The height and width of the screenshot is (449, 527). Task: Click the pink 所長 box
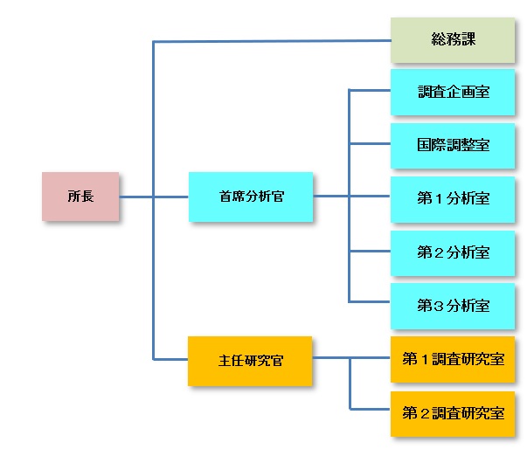(80, 197)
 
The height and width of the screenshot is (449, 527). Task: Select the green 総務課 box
(452, 40)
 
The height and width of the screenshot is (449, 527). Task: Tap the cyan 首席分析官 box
(251, 197)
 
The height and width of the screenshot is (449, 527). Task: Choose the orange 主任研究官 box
(250, 359)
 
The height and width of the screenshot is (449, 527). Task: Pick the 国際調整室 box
(452, 144)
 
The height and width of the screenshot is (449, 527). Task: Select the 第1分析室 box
(452, 197)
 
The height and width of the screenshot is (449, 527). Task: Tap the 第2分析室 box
(452, 252)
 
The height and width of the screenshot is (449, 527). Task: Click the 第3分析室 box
(452, 305)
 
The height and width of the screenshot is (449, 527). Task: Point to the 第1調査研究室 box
(452, 358)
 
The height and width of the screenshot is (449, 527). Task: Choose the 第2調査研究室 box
(452, 412)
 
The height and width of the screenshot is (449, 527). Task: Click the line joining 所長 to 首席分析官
(153, 197)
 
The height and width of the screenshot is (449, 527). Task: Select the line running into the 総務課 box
(271, 40)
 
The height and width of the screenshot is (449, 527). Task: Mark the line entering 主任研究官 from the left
(170, 359)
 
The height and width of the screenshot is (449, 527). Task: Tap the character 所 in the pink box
(73, 197)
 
